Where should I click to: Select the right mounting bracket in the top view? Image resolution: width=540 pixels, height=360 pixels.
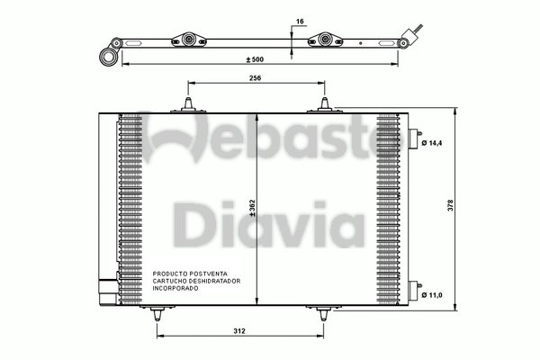(x=325, y=40)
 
